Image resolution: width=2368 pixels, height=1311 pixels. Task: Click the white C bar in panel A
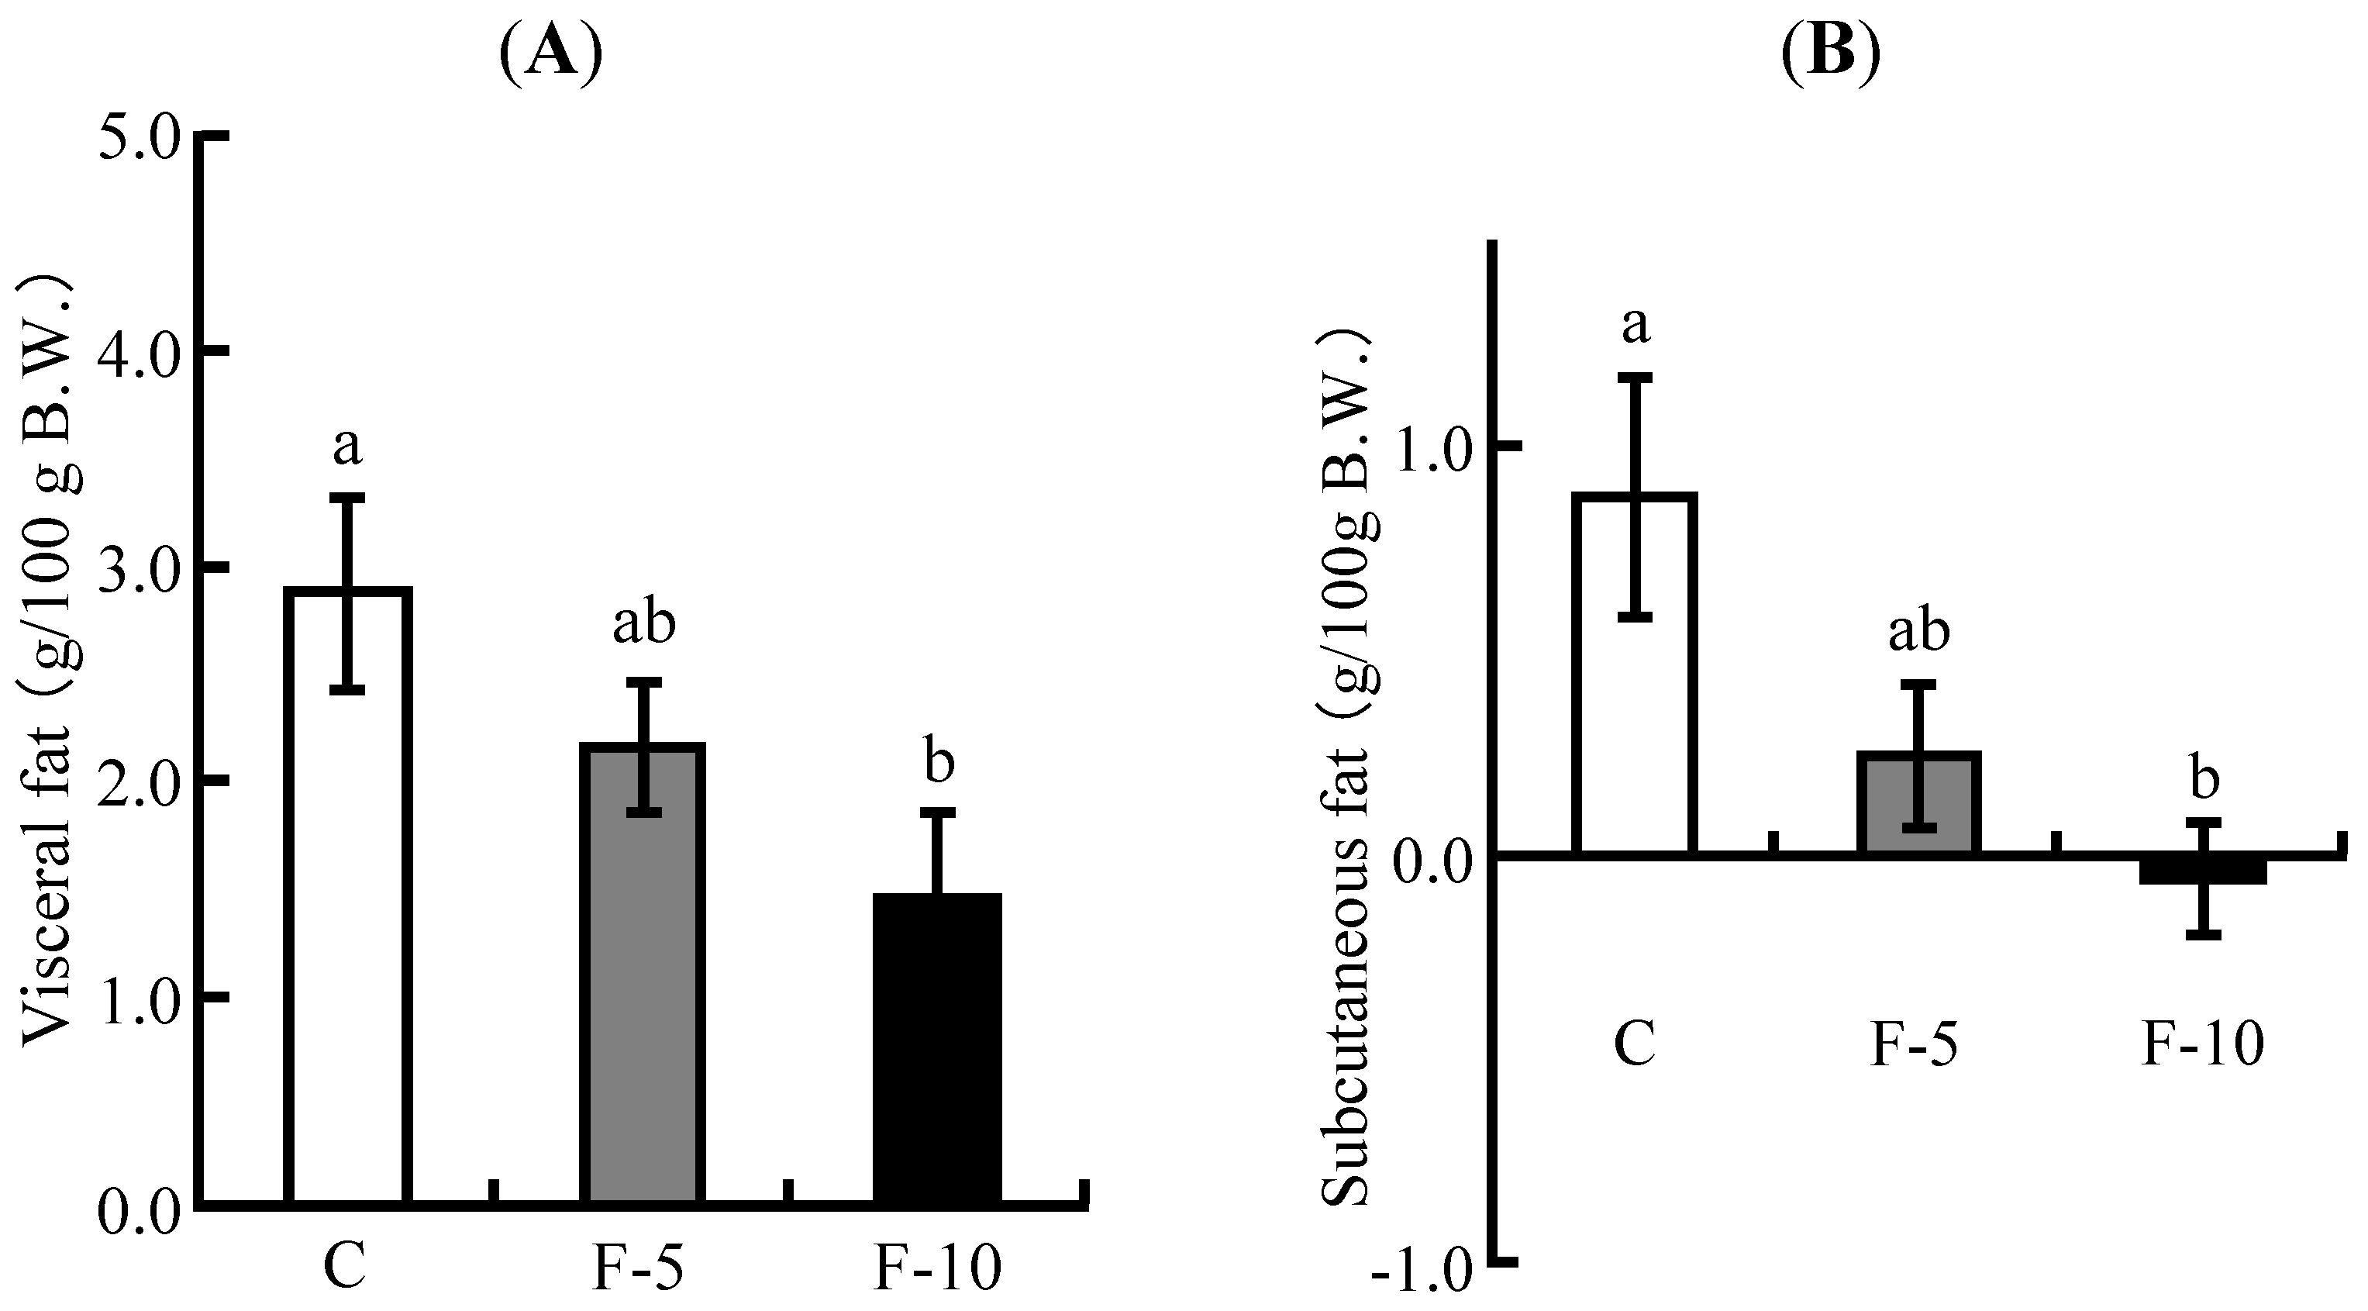[x=346, y=919]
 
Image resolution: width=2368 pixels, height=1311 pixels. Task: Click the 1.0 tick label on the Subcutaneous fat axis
[x=1435, y=447]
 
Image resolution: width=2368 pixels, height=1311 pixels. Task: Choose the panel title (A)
[x=550, y=55]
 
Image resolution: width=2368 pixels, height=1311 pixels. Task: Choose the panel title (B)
[x=1829, y=55]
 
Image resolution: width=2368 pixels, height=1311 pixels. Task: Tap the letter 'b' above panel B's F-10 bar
[x=2204, y=778]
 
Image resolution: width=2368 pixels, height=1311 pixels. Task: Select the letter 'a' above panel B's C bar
[x=1636, y=326]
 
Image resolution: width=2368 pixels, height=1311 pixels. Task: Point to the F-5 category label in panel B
[x=1914, y=1046]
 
